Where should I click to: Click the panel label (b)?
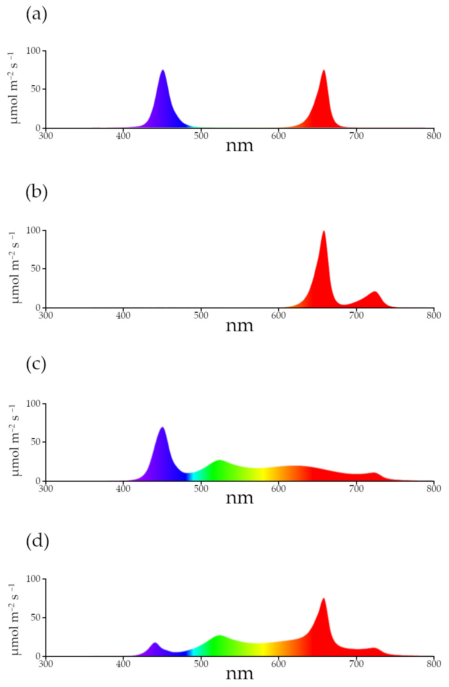pyautogui.click(x=36, y=193)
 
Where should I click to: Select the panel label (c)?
pyautogui.click(x=36, y=365)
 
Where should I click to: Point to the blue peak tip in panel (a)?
pyautogui.click(x=163, y=70)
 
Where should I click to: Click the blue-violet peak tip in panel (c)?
pyautogui.click(x=162, y=428)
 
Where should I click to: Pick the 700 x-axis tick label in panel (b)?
pyautogui.click(x=356, y=315)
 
